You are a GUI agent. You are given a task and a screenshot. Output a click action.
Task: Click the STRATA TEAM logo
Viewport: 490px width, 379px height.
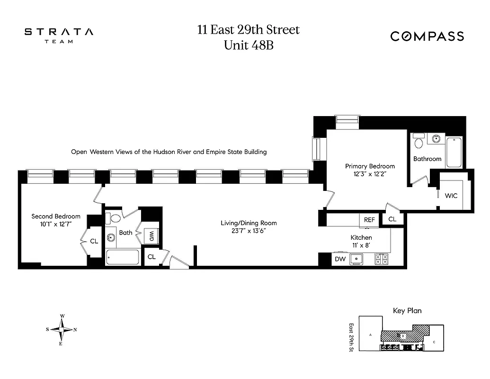point(59,35)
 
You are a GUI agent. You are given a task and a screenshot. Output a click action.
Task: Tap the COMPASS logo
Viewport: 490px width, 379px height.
point(427,36)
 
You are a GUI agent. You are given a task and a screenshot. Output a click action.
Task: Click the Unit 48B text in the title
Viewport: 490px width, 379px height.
point(249,46)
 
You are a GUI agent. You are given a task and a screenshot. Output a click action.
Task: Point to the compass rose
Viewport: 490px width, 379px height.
point(62,330)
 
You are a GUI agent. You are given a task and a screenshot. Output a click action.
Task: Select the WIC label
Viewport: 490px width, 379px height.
point(451,195)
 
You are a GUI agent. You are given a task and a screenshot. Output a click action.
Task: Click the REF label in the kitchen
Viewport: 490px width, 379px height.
point(369,220)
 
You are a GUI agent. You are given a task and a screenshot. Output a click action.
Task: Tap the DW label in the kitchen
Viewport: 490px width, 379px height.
point(340,259)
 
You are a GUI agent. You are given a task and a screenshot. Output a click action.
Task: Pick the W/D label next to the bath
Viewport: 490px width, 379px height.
point(152,235)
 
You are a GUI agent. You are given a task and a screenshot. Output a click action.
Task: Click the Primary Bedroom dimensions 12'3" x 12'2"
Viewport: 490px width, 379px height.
point(370,174)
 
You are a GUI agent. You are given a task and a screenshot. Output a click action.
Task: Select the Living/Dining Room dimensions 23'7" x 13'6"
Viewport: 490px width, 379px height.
point(249,231)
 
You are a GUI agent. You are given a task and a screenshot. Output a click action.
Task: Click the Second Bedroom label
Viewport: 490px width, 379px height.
point(56,216)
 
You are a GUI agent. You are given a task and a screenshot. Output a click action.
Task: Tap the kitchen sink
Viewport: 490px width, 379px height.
point(356,259)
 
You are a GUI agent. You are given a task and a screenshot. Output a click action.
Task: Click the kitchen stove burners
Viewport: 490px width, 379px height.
point(381,259)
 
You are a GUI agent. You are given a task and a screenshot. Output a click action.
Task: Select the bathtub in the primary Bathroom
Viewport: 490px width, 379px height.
point(453,152)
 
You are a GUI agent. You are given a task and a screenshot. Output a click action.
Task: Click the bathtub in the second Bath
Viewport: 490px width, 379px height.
point(123,258)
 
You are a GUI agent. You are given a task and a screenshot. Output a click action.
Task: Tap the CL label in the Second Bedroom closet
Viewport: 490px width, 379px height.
point(94,241)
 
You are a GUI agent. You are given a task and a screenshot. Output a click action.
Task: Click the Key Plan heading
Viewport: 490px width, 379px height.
point(407,311)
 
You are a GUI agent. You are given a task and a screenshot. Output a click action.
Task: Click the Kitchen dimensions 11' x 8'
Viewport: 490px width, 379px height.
point(361,245)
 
